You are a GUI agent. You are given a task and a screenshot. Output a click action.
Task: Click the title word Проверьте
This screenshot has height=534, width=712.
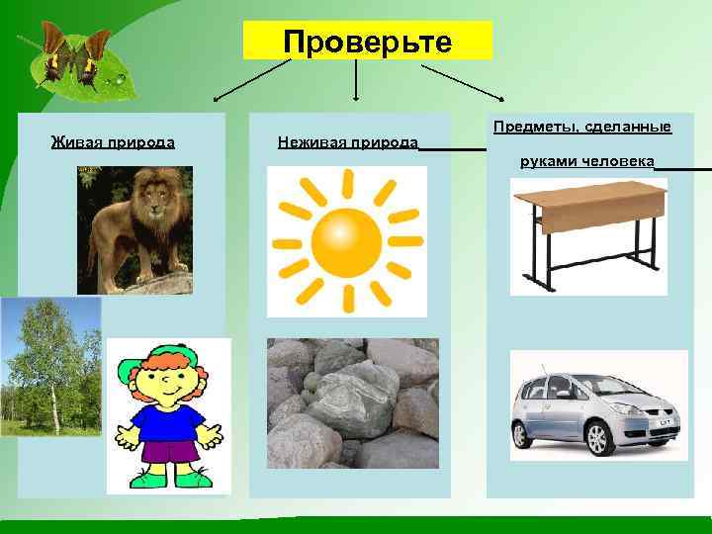pyautogui.click(x=367, y=42)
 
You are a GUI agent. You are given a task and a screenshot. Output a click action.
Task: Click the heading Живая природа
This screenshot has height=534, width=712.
pyautogui.click(x=113, y=141)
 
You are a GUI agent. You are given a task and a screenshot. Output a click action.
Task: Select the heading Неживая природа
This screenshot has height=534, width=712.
pyautogui.click(x=346, y=141)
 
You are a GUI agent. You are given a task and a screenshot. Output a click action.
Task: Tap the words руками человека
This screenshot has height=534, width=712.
pyautogui.click(x=586, y=161)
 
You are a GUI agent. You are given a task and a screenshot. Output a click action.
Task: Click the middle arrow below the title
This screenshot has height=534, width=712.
pyautogui.click(x=355, y=79)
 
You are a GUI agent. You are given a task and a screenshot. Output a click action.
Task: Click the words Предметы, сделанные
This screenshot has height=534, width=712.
pyautogui.click(x=581, y=127)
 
